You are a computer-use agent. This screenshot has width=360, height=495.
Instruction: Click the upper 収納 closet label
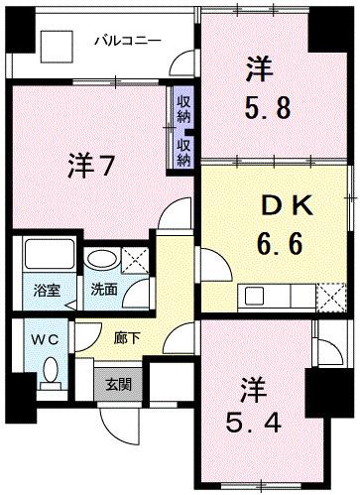pos(184,107)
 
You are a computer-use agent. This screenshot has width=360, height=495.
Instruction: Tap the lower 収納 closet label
pos(184,152)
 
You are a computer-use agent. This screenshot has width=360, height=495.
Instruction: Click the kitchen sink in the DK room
pos(255,295)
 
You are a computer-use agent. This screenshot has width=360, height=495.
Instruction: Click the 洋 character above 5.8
pos(260,69)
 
